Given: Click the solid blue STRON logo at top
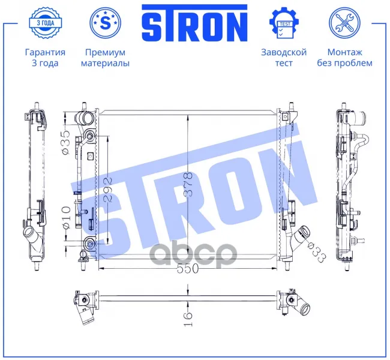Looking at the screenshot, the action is point(194,23).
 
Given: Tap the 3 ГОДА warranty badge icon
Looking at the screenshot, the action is point(45,23).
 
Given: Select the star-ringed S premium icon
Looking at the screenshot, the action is point(106,23).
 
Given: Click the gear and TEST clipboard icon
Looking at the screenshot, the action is point(284,23).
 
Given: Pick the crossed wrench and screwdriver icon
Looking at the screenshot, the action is point(344,23).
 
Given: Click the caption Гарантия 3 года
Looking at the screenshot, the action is point(45,58).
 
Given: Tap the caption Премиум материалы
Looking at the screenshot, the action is point(105,58).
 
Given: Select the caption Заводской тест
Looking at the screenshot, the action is point(284,58).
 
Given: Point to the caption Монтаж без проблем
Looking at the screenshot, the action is point(344,58).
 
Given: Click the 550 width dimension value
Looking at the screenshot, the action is point(188,268).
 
